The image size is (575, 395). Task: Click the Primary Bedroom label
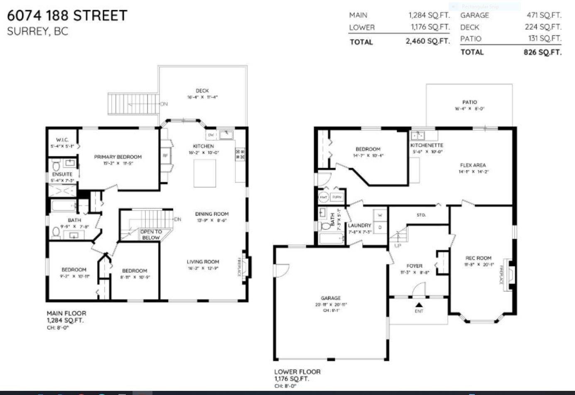[118, 157]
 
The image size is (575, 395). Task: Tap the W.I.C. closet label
[62, 140]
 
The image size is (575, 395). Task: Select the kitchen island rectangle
[205, 173]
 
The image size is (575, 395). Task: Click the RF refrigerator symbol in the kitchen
[165, 156]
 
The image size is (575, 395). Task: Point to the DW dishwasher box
[211, 135]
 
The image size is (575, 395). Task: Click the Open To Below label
[151, 234]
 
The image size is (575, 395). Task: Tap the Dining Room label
[212, 214]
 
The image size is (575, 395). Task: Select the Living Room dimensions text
[203, 268]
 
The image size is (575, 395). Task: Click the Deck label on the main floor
[202, 90]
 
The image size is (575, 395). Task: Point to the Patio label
[469, 102]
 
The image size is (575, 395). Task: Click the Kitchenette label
[427, 145]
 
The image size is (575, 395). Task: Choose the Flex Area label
[473, 165]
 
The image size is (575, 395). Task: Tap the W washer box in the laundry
[380, 215]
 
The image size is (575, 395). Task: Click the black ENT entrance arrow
[419, 305]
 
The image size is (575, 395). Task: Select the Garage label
[331, 298]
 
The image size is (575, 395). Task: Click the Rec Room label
[478, 258]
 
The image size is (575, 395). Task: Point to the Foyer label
[414, 266]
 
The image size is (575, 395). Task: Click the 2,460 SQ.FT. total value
[428, 41]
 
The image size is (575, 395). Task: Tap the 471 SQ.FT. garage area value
[544, 15]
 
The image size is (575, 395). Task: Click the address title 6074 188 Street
[67, 15]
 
